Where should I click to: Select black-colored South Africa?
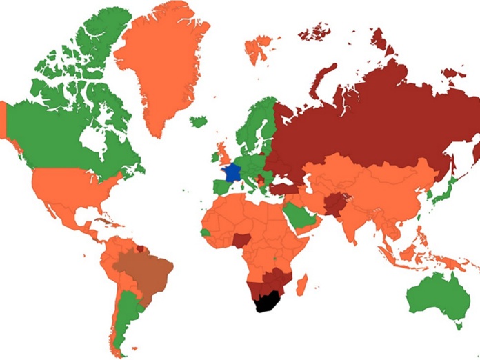click(266, 301)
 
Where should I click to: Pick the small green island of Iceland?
click(199, 122)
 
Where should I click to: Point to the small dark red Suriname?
click(141, 247)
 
